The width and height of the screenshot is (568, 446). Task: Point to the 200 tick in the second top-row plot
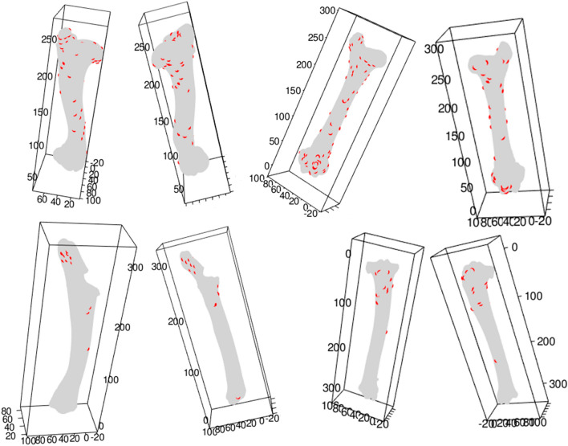148,84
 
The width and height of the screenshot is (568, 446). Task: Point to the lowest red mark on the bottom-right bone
495,360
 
